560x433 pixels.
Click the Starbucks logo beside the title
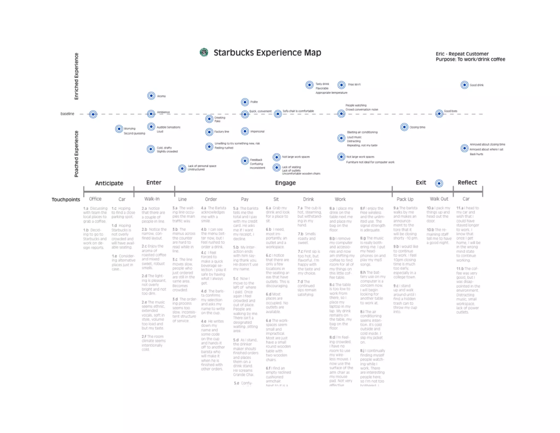click(204, 52)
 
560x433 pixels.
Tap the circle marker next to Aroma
click(151, 96)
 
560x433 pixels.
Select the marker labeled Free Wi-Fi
click(341, 85)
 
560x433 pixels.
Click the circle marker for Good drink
click(464, 85)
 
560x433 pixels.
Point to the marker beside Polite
click(245, 102)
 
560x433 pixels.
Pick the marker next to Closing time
click(404, 127)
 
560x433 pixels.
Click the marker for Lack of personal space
click(182, 168)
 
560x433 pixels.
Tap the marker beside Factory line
click(209, 132)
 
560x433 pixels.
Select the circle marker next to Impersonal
click(245, 131)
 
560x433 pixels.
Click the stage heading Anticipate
click(109, 183)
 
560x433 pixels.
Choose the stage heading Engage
click(285, 183)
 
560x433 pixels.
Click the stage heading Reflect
click(467, 183)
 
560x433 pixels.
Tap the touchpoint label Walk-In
click(152, 199)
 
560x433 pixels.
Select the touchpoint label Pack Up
click(405, 199)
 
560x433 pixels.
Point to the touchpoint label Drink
click(308, 199)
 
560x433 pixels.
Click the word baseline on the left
click(67, 114)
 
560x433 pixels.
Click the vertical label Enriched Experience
click(77, 76)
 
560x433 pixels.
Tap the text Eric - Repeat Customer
click(462, 54)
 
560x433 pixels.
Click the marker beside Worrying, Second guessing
click(119, 129)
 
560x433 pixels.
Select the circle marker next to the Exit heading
click(439, 183)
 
